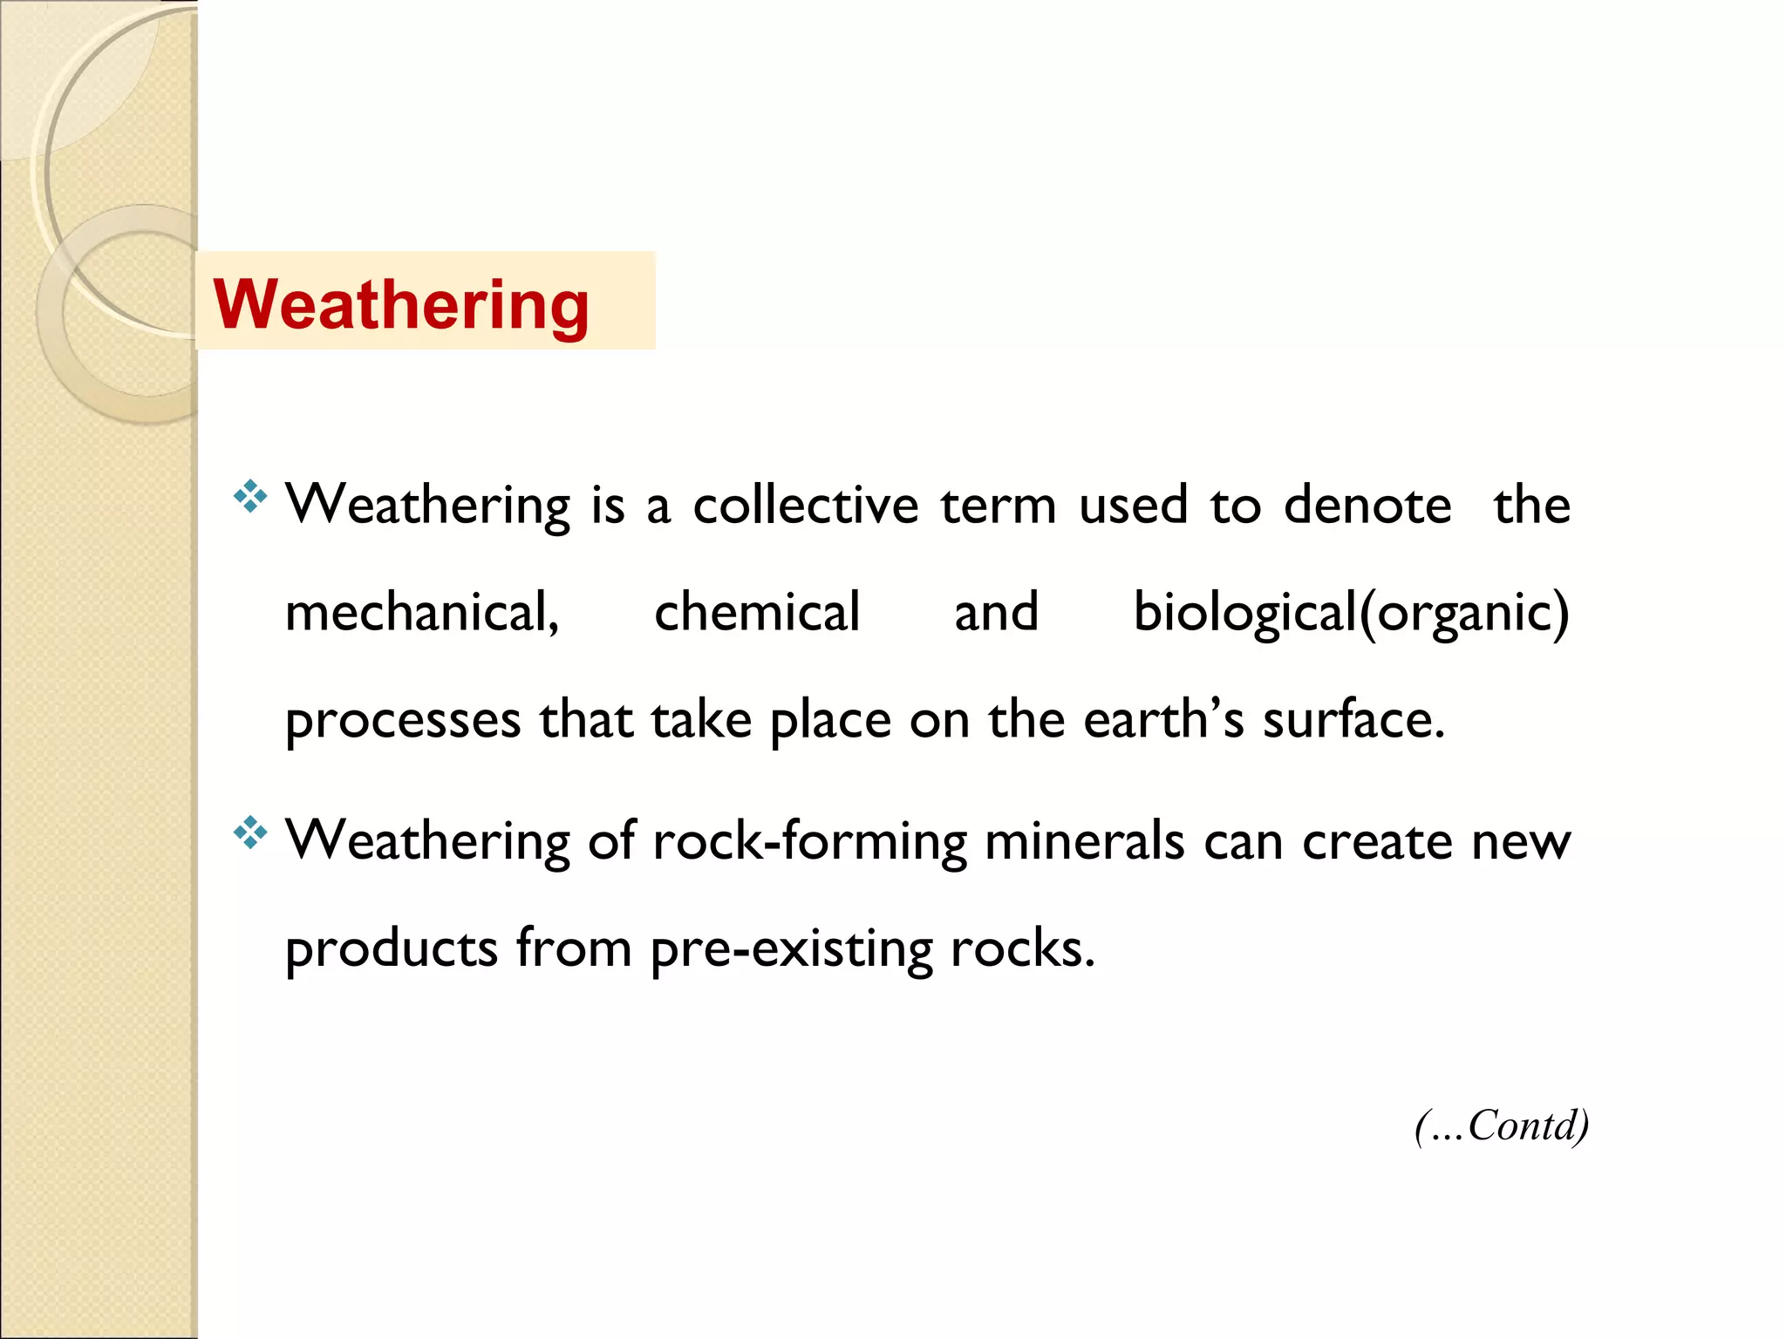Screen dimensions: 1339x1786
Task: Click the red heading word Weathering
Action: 401,304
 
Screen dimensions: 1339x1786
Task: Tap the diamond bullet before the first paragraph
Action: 249,496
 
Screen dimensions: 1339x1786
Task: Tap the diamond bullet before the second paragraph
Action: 249,833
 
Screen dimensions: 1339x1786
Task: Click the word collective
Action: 805,505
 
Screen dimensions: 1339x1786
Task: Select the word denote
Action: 1367,505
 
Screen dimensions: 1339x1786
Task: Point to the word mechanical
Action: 422,612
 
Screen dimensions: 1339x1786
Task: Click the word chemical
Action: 757,612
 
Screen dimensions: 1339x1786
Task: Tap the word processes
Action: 403,721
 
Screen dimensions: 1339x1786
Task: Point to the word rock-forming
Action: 809,842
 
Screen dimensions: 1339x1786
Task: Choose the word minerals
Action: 1084,842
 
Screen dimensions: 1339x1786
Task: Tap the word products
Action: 392,949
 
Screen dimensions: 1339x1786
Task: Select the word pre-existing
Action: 791,949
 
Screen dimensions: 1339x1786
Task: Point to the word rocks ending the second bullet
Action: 1021,948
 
